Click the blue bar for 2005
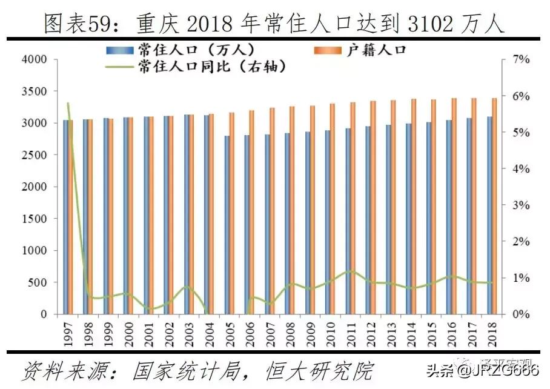click(x=227, y=225)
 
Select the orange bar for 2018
click(x=494, y=206)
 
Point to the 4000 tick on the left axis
click(x=34, y=60)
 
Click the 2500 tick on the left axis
click(x=34, y=155)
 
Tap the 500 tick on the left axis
click(x=38, y=282)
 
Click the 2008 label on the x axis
click(x=290, y=332)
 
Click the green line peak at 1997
click(x=68, y=104)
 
